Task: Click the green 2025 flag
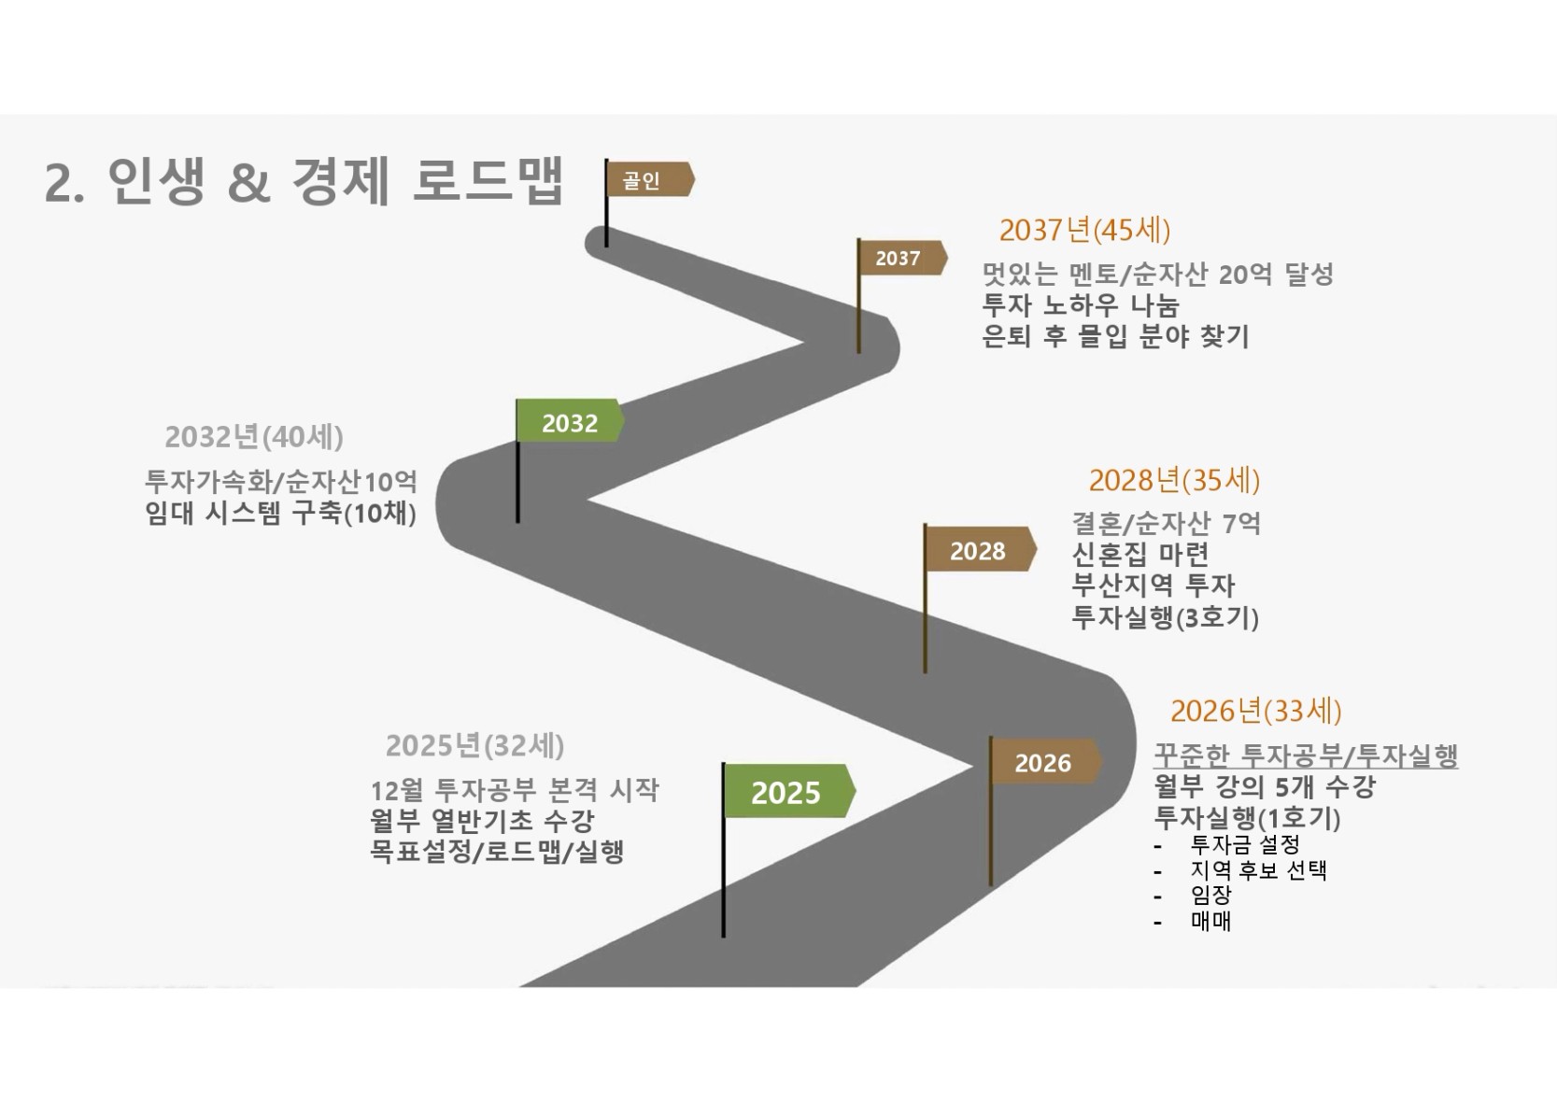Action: click(x=786, y=792)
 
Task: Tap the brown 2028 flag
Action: click(x=978, y=551)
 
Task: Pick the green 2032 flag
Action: click(x=569, y=423)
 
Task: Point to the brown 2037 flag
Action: click(x=899, y=259)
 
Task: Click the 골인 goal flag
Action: click(x=646, y=180)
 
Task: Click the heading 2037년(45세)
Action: click(x=1084, y=230)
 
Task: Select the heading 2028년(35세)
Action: click(x=1174, y=480)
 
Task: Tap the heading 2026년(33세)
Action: click(x=1255, y=711)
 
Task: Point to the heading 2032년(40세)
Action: click(x=254, y=436)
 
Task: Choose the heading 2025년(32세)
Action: click(x=474, y=745)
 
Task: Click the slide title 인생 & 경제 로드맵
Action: click(x=304, y=181)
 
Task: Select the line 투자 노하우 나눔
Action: click(x=1081, y=305)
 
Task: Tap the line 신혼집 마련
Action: click(x=1140, y=554)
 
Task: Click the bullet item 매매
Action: click(x=1211, y=921)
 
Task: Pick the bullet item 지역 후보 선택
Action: click(x=1258, y=870)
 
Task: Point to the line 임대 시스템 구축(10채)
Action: click(x=280, y=513)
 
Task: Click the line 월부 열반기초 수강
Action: click(x=482, y=821)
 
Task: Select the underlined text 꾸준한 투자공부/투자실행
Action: click(x=1305, y=755)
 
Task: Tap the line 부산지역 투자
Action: click(x=1153, y=586)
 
